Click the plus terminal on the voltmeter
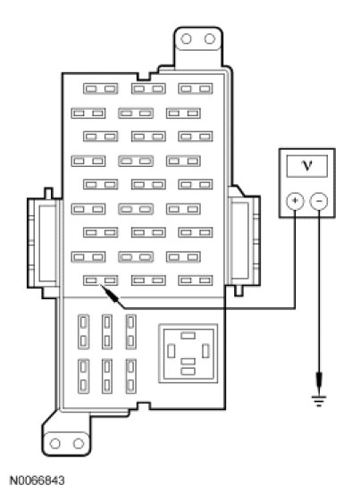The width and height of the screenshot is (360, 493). tap(295, 201)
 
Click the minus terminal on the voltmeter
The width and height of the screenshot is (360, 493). tap(319, 201)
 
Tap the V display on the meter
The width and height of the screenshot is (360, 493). tap(307, 166)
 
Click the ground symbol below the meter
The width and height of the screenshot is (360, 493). tap(319, 400)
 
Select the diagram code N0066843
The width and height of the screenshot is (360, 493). tap(38, 480)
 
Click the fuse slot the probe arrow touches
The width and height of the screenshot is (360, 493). tap(101, 280)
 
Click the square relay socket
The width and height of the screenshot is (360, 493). tap(188, 354)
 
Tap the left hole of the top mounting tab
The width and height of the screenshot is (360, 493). tap(186, 39)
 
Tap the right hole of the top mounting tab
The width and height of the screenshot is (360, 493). tap(210, 39)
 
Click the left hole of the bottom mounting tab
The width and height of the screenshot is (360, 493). tap(54, 444)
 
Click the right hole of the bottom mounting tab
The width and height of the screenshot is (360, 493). tap(79, 444)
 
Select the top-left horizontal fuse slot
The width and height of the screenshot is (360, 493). tap(101, 88)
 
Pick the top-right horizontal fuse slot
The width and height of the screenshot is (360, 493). tap(196, 88)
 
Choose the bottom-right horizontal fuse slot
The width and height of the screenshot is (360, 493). tap(196, 280)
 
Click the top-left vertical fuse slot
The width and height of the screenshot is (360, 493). tap(83, 331)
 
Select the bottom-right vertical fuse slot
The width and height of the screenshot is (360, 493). tap(130, 376)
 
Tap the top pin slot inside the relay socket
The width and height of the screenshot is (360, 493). tap(188, 336)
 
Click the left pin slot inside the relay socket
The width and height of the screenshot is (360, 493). tap(171, 351)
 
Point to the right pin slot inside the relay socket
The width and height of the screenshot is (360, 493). tap(205, 351)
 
